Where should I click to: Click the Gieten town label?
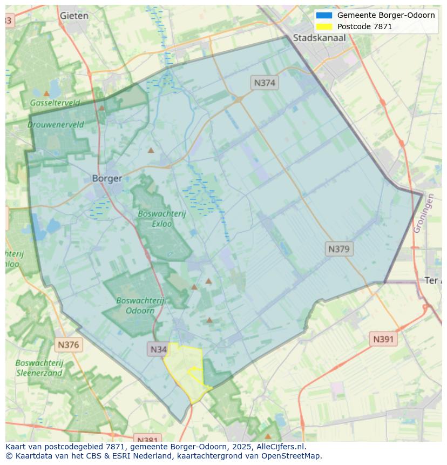[74, 16]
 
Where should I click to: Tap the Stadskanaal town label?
[319, 38]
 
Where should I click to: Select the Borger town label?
[107, 178]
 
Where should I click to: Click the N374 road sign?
[265, 83]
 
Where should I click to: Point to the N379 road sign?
[339, 249]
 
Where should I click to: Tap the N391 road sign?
[383, 339]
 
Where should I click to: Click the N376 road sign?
[68, 345]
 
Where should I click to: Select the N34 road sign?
[158, 349]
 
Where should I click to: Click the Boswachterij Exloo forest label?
[161, 218]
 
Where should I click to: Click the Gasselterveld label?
[55, 103]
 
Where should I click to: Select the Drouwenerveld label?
[56, 124]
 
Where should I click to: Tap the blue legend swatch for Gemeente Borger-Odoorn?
[324, 15]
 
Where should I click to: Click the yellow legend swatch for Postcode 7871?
[324, 26]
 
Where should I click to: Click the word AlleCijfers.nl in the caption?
[281, 447]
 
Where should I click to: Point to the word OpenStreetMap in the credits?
[292, 456]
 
